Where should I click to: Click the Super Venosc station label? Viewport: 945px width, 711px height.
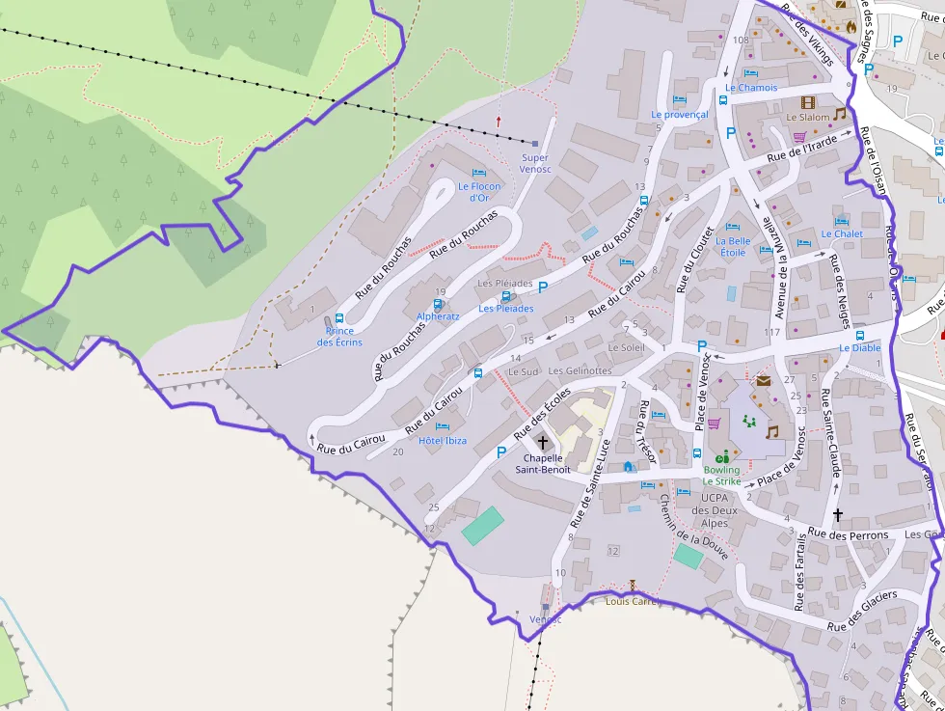coord(534,163)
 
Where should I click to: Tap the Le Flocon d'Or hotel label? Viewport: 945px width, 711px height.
coord(479,192)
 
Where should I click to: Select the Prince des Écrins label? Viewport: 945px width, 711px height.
coord(339,337)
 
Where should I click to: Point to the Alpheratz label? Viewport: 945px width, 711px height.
coord(438,316)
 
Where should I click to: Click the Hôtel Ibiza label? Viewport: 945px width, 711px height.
coord(443,441)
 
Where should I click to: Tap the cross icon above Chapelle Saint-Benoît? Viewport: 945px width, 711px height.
coord(542,442)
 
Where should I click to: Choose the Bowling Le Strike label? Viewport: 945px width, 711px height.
coord(721,476)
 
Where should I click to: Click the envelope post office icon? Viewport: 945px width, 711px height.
coord(764,381)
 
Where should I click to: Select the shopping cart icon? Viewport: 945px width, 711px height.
coord(715,423)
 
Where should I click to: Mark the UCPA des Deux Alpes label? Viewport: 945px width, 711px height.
coord(714,510)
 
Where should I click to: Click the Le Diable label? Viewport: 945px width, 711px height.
coord(859,348)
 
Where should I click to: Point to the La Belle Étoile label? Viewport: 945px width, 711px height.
coord(733,247)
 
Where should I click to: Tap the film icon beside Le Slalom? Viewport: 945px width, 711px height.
coord(807,102)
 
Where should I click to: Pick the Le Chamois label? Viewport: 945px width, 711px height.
coord(751,88)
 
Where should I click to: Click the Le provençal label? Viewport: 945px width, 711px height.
coord(679,114)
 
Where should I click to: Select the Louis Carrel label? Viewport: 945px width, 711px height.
coord(632,601)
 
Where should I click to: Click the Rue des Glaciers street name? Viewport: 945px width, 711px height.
coord(862,611)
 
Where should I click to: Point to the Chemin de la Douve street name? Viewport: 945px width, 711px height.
coord(693,528)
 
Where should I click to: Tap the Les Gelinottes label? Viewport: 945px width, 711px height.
coord(580,370)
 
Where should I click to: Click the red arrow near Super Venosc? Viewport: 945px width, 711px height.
coord(499,122)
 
